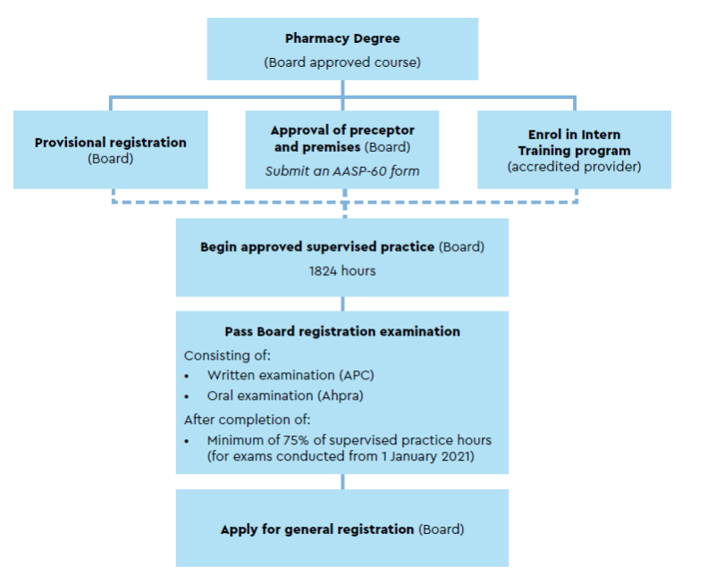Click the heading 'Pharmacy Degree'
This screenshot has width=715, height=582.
point(342,38)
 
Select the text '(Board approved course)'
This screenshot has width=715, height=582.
point(342,62)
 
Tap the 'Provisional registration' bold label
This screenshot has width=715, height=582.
point(111,143)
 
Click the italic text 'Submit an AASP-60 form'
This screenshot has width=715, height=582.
point(342,171)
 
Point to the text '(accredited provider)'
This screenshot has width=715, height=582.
point(574,167)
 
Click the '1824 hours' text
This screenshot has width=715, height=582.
point(342,271)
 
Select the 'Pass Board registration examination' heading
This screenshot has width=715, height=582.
point(342,331)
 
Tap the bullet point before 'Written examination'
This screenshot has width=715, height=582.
point(187,376)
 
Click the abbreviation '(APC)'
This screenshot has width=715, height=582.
point(356,375)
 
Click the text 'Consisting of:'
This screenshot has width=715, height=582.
point(227,355)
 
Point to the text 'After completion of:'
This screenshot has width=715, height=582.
point(248,420)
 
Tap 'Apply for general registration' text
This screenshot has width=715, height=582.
point(317,529)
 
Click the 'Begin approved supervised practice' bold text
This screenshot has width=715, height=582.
point(317,247)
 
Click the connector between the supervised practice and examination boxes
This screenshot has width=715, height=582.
point(342,303)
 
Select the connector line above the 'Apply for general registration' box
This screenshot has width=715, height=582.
point(342,482)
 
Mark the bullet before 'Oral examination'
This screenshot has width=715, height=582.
point(187,396)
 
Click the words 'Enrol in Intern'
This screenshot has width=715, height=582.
point(574,135)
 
